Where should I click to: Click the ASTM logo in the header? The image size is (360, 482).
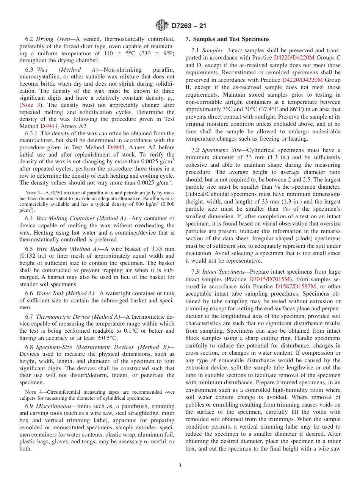coord(162,26)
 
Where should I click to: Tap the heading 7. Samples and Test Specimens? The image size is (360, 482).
coord(227,39)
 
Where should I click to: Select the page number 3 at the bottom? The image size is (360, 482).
coord(180,465)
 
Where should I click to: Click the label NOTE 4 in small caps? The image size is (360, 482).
coord(30,392)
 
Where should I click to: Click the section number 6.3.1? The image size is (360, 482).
coord(31,133)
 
